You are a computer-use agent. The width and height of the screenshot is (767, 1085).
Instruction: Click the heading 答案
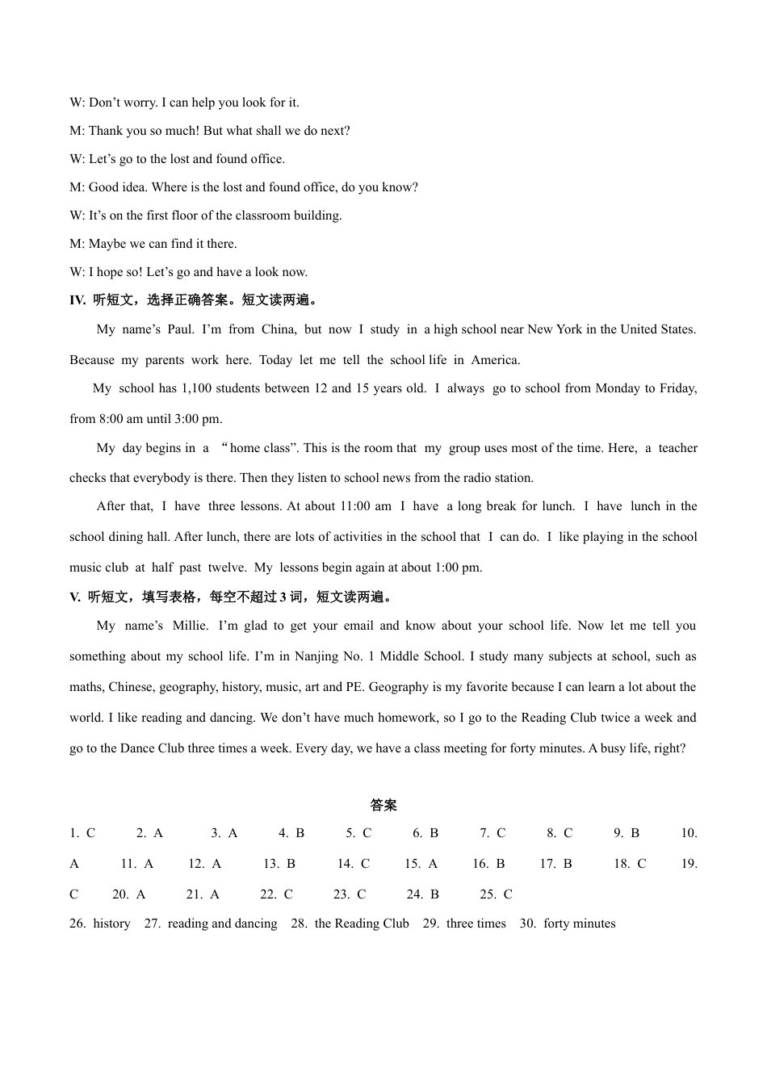pos(383,805)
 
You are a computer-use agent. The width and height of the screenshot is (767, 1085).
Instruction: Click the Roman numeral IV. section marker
pos(78,300)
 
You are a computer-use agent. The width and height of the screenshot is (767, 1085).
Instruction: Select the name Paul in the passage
pos(180,329)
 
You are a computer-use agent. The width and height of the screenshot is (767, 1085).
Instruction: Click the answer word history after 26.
pos(111,924)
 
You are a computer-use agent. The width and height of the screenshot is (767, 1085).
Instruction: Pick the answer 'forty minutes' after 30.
pos(579,924)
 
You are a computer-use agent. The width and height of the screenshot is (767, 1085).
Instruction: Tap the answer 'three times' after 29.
pos(476,924)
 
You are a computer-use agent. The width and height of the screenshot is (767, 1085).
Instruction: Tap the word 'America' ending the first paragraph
pos(495,360)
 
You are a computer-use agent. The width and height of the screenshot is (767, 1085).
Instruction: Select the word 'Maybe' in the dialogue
pos(106,244)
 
